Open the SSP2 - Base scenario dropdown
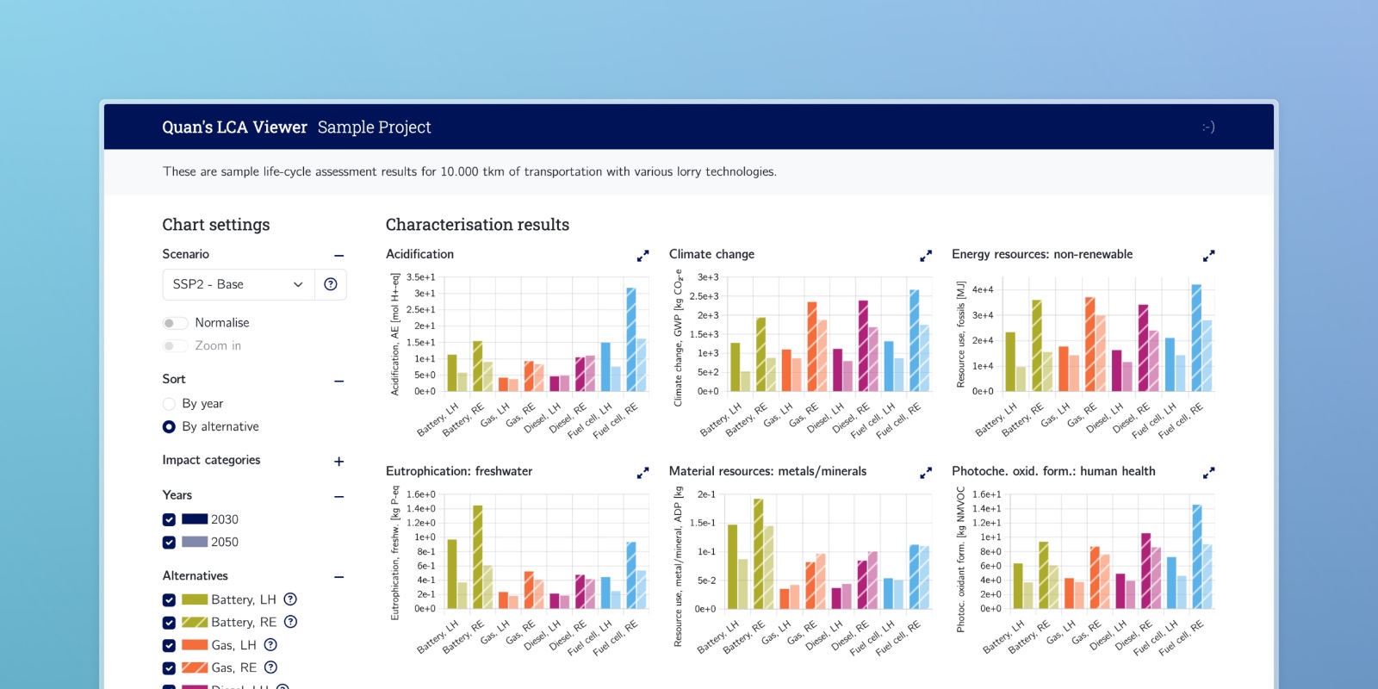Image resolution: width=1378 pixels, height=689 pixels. click(238, 284)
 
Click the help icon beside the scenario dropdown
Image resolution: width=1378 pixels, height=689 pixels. click(331, 284)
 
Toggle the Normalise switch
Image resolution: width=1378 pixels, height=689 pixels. click(175, 323)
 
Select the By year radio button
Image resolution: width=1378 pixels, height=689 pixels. click(169, 404)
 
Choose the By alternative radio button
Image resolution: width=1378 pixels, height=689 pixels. click(169, 427)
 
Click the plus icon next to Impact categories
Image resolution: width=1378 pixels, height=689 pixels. click(339, 462)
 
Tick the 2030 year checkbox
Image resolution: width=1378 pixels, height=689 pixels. click(169, 520)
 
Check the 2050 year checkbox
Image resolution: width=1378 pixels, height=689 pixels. click(169, 543)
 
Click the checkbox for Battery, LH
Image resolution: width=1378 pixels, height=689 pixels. click(169, 600)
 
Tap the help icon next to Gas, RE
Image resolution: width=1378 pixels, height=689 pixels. click(270, 667)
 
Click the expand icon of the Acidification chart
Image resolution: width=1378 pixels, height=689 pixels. click(642, 256)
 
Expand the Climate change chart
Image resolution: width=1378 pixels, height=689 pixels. click(926, 256)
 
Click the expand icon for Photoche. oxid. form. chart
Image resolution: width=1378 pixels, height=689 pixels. click(1209, 473)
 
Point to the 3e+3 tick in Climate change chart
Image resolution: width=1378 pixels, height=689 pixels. click(708, 277)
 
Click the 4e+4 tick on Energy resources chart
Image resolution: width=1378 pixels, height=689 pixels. click(983, 290)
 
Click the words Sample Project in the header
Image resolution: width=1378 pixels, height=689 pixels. click(374, 127)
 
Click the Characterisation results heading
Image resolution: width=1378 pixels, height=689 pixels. click(477, 225)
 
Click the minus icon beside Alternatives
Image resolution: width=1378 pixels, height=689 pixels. click(339, 577)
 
